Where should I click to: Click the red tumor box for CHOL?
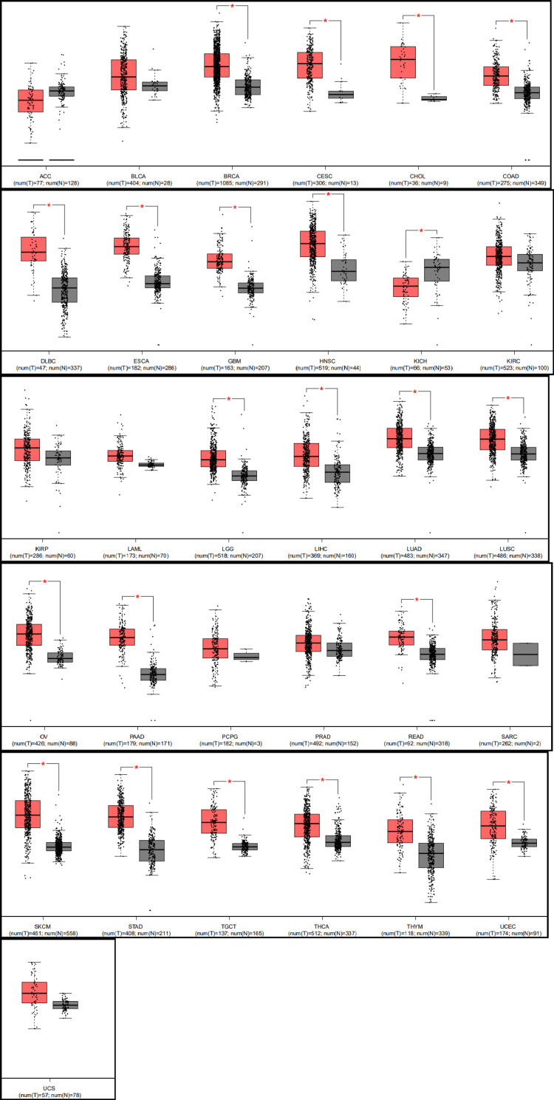click(x=403, y=61)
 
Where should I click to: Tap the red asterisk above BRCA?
click(x=233, y=7)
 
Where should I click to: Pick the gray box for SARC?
click(x=526, y=655)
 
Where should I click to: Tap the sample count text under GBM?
click(x=235, y=367)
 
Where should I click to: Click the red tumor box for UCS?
click(x=34, y=992)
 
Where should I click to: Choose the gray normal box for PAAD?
click(x=154, y=674)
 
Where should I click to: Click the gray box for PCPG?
click(x=245, y=656)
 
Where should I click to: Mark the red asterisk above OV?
click(x=45, y=583)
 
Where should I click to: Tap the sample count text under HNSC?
click(x=328, y=367)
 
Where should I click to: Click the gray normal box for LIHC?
click(x=338, y=473)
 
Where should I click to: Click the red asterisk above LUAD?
click(x=416, y=392)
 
